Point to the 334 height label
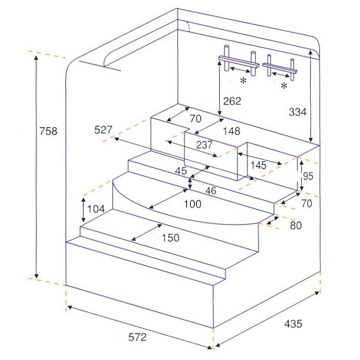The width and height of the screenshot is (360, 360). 299,111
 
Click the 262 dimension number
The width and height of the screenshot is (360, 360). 231,101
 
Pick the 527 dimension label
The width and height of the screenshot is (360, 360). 104,130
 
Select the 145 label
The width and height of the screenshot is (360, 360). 259,165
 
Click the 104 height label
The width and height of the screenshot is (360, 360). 96,209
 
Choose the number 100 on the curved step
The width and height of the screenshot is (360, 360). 192,204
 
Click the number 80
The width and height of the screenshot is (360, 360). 296,226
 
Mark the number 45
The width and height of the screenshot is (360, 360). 181,171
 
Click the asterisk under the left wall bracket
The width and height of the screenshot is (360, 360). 243,81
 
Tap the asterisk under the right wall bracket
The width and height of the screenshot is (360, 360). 284,86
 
